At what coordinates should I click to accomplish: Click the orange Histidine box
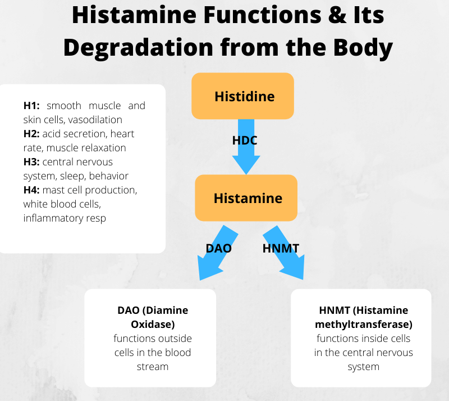[242, 96]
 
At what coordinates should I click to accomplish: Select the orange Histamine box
[246, 198]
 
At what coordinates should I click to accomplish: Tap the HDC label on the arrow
[245, 141]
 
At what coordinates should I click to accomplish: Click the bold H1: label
[33, 106]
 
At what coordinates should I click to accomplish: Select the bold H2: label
[32, 134]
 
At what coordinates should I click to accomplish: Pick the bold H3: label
[32, 162]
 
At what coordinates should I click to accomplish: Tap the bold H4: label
[32, 190]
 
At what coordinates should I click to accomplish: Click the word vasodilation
[95, 120]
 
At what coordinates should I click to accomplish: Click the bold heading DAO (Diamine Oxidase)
[153, 317]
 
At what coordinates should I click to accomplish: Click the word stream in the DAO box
[153, 367]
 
